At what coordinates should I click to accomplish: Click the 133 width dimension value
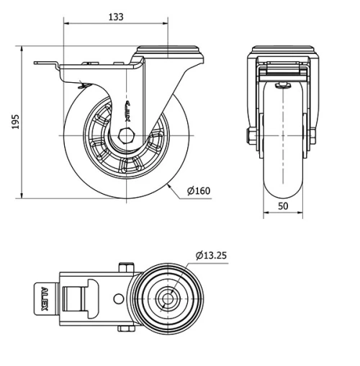pos(114,16)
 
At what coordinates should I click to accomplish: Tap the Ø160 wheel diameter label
pos(198,191)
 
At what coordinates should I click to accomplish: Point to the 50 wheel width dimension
pos(283,207)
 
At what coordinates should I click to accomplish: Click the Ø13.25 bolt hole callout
pos(212,254)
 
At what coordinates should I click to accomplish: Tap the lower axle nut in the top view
pos(127,329)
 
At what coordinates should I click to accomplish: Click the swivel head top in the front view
pos(283,52)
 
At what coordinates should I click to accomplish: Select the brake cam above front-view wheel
pos(283,85)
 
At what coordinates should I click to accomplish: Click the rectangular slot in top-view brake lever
pos(71,298)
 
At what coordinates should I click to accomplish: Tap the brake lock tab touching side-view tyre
pos(81,87)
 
